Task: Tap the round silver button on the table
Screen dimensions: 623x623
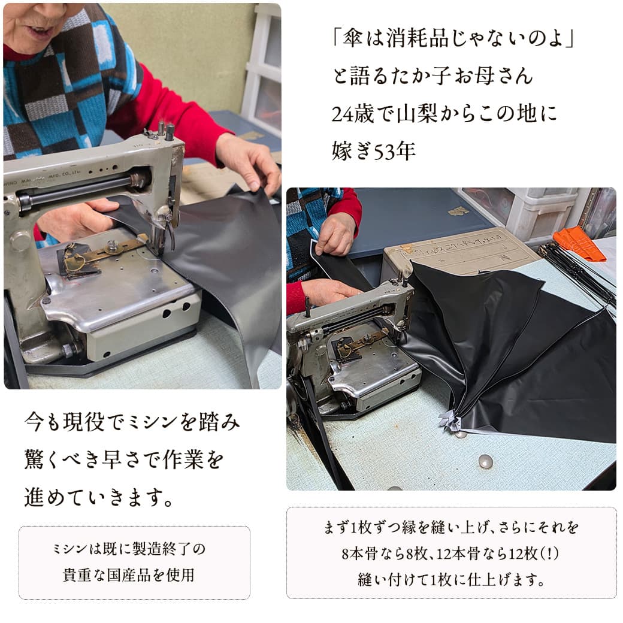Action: click(x=486, y=461)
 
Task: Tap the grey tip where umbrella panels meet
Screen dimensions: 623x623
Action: click(x=449, y=422)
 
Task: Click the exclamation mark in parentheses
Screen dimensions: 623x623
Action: click(x=550, y=554)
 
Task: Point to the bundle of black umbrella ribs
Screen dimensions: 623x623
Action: click(x=579, y=274)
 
